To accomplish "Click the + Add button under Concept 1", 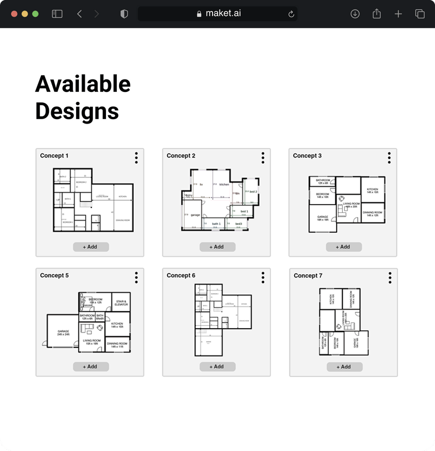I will click(x=91, y=247).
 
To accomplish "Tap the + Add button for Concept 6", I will click(x=217, y=367).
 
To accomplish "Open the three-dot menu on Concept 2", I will click(x=263, y=158).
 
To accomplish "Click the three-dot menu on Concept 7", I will click(x=390, y=277).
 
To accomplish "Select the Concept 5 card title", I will click(x=54, y=275).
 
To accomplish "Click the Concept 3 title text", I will click(x=307, y=156).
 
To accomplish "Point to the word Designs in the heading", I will click(x=77, y=111).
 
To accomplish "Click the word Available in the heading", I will click(x=83, y=84).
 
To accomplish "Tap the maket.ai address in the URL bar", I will click(x=223, y=14).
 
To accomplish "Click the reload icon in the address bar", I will click(x=291, y=14).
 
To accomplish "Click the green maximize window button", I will click(x=35, y=14).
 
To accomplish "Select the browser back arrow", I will click(x=79, y=14).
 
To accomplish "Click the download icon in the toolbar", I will click(x=355, y=14).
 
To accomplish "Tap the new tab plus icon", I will click(x=398, y=14).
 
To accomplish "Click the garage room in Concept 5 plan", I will click(x=63, y=332).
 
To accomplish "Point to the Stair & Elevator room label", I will click(x=121, y=302).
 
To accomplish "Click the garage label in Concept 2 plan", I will click(x=195, y=215).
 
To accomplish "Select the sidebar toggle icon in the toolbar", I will click(x=57, y=14).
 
